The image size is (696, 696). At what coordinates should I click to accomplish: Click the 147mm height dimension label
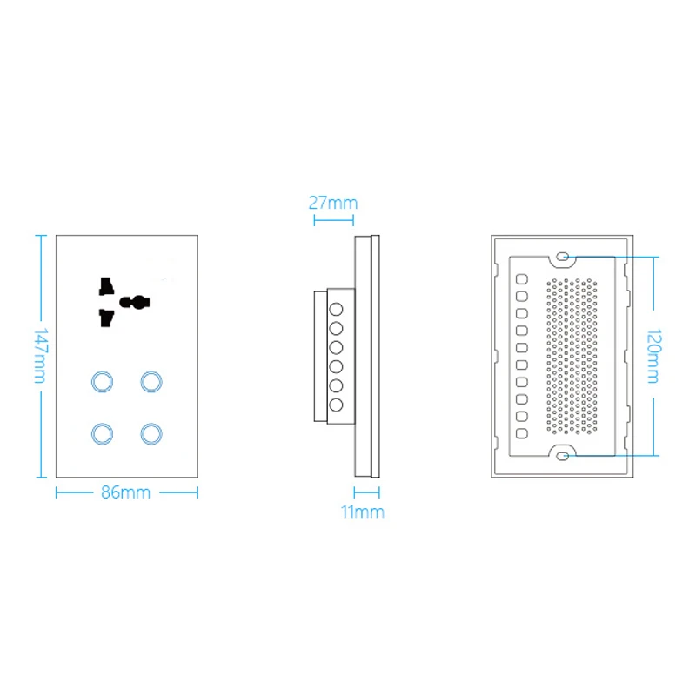[40, 356]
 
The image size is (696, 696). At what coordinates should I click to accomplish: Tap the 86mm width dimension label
[125, 492]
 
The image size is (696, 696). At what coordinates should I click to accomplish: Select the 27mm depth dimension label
[333, 203]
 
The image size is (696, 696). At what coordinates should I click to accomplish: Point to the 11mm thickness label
[362, 512]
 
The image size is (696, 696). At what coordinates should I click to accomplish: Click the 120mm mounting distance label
[654, 356]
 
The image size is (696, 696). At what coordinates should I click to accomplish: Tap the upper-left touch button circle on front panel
[102, 381]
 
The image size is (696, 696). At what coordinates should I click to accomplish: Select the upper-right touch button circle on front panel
[151, 381]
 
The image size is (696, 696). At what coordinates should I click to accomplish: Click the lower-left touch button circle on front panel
[102, 433]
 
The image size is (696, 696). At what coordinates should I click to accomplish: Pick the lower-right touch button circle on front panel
[151, 433]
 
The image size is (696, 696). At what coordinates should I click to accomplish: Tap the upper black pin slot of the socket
[106, 286]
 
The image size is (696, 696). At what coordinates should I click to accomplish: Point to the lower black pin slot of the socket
[106, 318]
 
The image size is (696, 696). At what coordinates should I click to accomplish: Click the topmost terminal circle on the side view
[336, 309]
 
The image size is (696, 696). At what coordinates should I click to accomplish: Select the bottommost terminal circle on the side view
[336, 405]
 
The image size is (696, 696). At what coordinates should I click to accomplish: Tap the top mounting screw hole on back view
[563, 256]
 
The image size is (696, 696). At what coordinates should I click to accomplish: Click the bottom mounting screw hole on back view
[563, 456]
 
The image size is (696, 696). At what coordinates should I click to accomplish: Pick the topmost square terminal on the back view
[521, 278]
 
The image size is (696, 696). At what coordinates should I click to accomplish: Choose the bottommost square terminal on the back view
[521, 433]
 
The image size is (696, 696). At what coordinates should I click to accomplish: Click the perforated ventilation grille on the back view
[572, 356]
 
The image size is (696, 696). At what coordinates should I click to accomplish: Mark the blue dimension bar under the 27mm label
[333, 220]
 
